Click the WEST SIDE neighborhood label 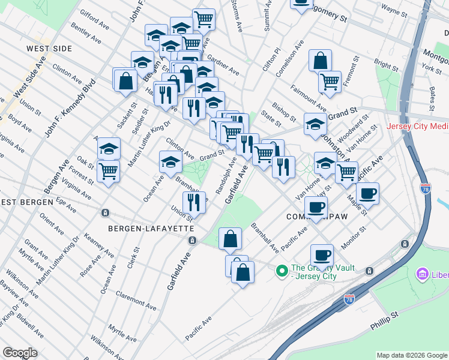click(49, 49)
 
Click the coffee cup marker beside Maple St click(367, 194)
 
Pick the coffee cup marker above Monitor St click(322, 255)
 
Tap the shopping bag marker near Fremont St click(321, 61)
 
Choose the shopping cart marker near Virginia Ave click(108, 171)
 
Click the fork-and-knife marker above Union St click(194, 203)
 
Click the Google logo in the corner click(20, 353)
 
